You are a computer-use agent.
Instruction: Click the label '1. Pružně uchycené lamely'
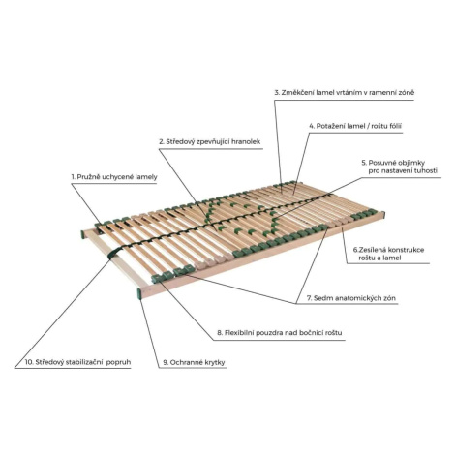[x=114, y=177]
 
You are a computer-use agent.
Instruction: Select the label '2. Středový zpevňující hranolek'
[x=210, y=141]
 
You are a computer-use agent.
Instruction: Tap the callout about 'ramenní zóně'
[x=345, y=92]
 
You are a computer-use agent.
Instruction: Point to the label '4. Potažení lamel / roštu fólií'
[x=355, y=126]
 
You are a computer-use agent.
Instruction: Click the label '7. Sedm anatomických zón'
[x=351, y=298]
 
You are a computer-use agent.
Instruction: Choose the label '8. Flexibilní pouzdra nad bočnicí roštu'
[x=280, y=332]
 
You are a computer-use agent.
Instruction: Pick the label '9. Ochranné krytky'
[x=194, y=362]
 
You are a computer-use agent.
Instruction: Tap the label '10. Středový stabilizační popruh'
[x=77, y=362]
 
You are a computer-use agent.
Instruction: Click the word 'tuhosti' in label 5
[x=425, y=170]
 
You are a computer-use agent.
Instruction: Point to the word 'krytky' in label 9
[x=214, y=362]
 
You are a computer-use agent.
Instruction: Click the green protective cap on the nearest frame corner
[x=139, y=293]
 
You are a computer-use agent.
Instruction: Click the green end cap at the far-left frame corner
[x=82, y=234]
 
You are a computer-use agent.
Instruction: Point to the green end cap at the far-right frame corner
[x=383, y=215]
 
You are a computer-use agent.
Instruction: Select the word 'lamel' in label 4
[x=356, y=126]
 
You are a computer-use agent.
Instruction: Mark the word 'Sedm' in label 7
[x=320, y=298]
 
